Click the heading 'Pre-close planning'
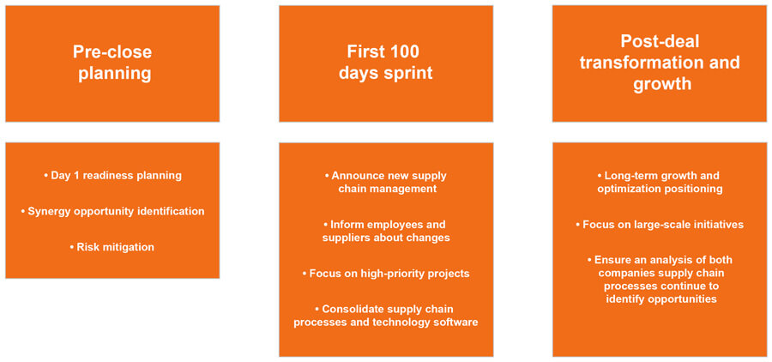[x=112, y=63]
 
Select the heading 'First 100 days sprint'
[x=385, y=63]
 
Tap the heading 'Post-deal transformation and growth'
[x=659, y=63]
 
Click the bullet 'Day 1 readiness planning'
[x=112, y=175]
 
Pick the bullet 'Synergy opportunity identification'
[x=112, y=211]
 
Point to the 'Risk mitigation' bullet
[x=112, y=247]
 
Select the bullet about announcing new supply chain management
[x=386, y=182]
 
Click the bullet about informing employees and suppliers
[x=386, y=231]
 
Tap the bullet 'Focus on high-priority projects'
[x=386, y=273]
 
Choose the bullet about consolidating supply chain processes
[x=386, y=315]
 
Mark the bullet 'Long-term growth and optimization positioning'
[x=659, y=182]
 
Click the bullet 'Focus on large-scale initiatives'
[x=659, y=224]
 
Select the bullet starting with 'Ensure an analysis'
[x=659, y=279]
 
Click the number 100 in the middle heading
[x=404, y=51]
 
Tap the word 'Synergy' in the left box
[x=49, y=211]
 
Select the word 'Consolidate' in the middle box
[x=352, y=309]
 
